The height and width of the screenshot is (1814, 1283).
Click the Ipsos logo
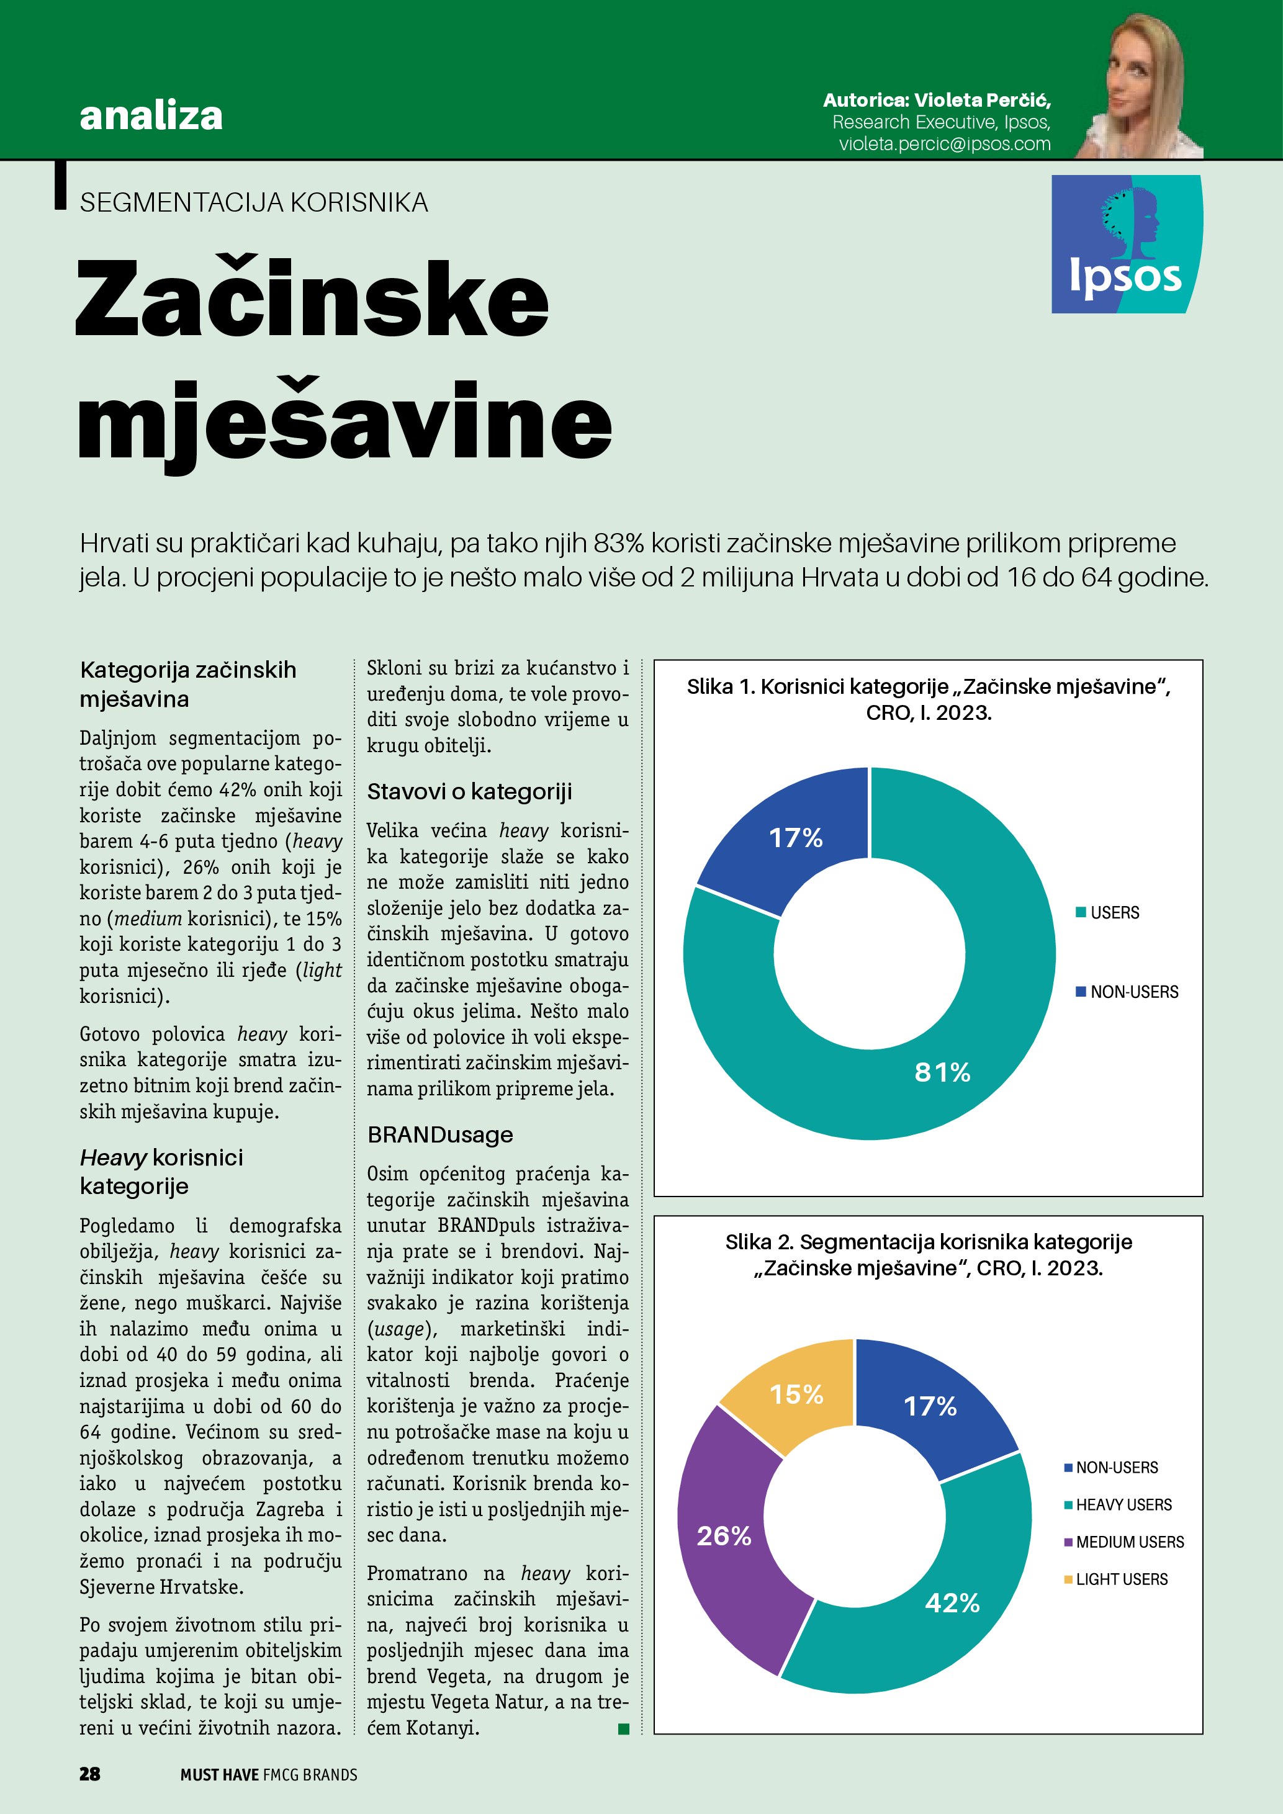(x=1126, y=244)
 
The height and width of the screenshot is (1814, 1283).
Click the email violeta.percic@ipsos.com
(x=944, y=144)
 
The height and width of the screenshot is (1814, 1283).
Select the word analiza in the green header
(x=151, y=115)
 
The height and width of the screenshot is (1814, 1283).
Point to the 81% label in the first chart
(x=942, y=1072)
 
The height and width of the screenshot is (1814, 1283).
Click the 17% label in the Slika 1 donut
(x=796, y=837)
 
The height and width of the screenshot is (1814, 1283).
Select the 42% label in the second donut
(x=952, y=1602)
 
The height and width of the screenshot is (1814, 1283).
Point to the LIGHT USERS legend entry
(x=1115, y=1579)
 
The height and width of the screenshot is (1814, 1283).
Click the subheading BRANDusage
(x=440, y=1134)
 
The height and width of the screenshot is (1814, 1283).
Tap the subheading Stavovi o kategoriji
(x=469, y=792)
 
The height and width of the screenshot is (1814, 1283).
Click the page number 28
(x=89, y=1774)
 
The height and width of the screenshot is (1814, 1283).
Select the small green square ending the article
(x=623, y=1729)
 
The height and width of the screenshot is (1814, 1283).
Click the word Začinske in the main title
(x=312, y=299)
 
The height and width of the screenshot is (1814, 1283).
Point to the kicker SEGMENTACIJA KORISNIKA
(x=254, y=203)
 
